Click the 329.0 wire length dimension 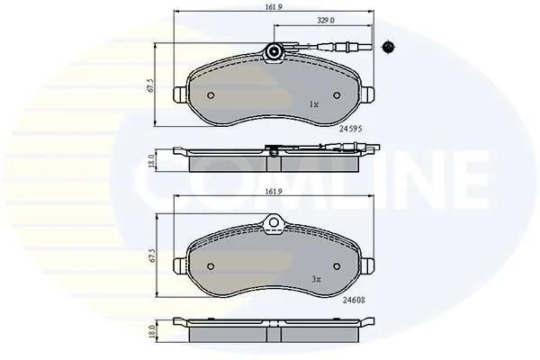326,21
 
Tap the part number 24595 351,129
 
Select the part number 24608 354,300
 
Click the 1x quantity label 313,104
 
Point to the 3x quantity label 316,279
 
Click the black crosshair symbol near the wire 389,47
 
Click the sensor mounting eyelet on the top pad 274,51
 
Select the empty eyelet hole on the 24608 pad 274,223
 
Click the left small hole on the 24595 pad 211,95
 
